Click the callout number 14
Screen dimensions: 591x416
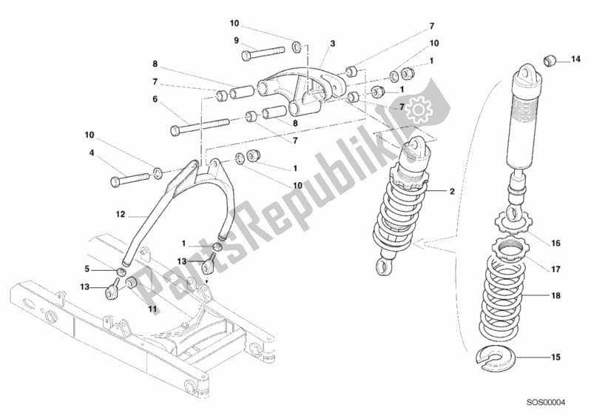click(x=575, y=59)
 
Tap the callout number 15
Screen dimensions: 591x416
click(x=555, y=356)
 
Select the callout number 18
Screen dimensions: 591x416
click(x=555, y=295)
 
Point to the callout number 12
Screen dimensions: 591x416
click(x=120, y=214)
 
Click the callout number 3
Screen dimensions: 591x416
click(x=332, y=44)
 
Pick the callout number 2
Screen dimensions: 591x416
click(x=452, y=191)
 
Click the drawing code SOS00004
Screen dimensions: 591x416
click(x=546, y=403)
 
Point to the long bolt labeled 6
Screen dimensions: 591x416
click(x=200, y=127)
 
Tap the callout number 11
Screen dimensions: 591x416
click(x=152, y=309)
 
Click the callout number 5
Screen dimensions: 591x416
click(x=87, y=269)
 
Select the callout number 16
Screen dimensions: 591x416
click(x=555, y=244)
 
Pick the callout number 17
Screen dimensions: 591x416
click(x=555, y=269)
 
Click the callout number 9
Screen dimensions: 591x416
click(x=236, y=40)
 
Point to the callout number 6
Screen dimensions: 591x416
click(x=155, y=99)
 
